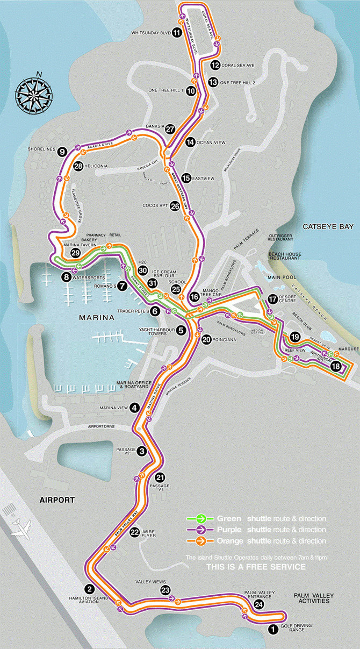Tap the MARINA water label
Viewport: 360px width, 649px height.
tap(97, 318)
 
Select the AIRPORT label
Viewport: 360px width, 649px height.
tap(56, 500)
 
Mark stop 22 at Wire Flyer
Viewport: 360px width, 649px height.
tap(135, 532)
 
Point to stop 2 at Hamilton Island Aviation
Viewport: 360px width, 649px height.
tap(90, 588)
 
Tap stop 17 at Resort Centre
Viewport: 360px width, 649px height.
tap(273, 299)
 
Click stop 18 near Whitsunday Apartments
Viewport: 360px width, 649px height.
tap(336, 366)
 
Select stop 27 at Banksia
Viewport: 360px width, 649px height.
tap(170, 129)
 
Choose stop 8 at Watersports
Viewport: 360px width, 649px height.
tap(67, 277)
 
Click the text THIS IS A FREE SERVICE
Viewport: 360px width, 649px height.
tap(256, 567)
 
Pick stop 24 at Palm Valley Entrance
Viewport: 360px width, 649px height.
tap(259, 604)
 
